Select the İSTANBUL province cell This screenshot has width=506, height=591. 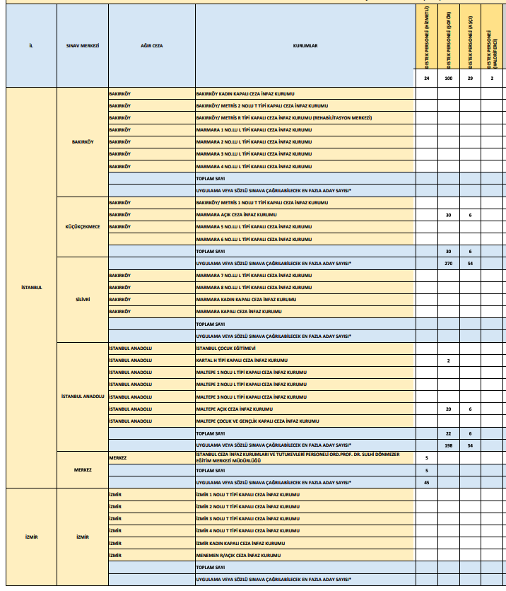coord(30,288)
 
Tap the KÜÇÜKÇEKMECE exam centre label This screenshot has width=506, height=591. coord(82,227)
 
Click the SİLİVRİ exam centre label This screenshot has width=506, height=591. coord(82,300)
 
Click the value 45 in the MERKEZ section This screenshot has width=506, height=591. coord(426,482)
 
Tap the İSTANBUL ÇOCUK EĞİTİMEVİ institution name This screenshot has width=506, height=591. coord(225,349)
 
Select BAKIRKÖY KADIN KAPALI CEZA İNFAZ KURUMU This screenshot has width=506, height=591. coord(244,93)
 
